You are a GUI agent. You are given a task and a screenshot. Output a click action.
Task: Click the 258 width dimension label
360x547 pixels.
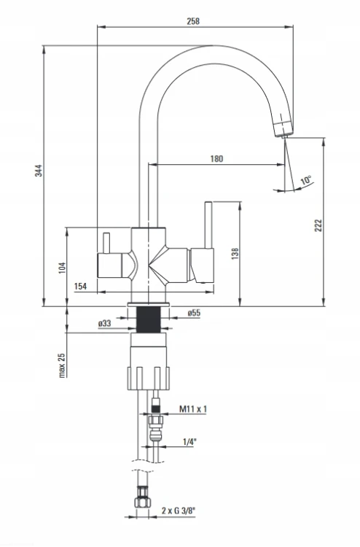click(x=193, y=21)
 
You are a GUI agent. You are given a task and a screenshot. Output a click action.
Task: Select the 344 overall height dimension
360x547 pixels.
click(x=39, y=170)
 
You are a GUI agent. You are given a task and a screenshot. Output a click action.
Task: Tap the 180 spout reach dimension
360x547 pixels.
click(x=216, y=159)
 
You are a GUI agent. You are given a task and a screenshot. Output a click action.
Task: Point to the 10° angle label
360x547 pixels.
click(x=306, y=180)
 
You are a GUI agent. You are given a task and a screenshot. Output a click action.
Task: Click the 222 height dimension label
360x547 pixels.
click(x=318, y=225)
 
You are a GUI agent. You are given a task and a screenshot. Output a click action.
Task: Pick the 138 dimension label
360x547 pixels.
click(x=235, y=253)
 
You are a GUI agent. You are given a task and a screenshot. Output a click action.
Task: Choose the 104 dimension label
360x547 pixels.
click(x=62, y=267)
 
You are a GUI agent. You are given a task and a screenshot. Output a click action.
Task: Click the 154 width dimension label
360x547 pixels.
click(x=80, y=286)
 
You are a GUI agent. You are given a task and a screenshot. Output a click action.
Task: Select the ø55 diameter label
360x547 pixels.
click(x=194, y=313)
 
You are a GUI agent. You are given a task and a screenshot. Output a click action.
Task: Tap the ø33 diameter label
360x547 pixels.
click(x=104, y=323)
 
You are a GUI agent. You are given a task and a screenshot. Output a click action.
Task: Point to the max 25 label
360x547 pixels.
click(x=62, y=365)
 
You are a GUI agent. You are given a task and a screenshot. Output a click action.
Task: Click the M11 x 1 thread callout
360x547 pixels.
click(x=193, y=409)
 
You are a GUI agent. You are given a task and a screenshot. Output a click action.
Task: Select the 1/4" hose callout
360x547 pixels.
click(x=189, y=442)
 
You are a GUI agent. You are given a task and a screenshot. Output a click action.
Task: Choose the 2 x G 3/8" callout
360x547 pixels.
click(x=179, y=511)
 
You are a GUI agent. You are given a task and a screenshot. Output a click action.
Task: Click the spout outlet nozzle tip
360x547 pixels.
click(x=283, y=136)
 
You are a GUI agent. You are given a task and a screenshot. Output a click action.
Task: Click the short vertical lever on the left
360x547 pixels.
click(x=106, y=244)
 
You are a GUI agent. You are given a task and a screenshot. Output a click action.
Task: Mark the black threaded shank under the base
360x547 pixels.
click(x=149, y=320)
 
